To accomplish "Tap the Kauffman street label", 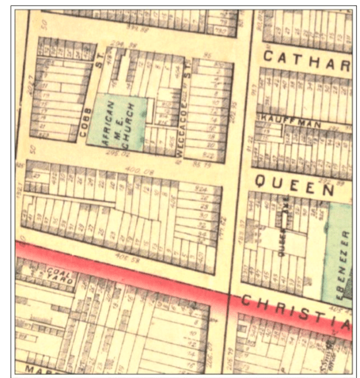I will click(282, 116).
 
